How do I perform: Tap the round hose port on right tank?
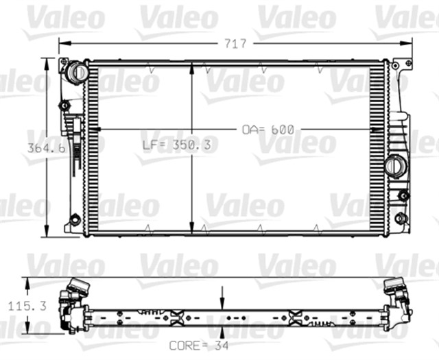tap(394, 165)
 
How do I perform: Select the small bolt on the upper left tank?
tap(64, 106)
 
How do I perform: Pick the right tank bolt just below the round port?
tap(403, 196)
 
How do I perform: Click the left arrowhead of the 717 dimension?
tap(62, 43)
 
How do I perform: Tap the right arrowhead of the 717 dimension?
tap(410, 43)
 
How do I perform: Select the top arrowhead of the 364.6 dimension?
tap(47, 62)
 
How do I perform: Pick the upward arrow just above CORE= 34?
tap(223, 331)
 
